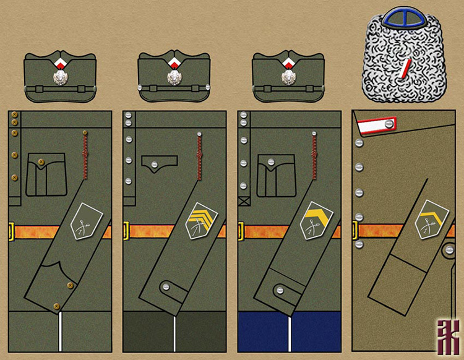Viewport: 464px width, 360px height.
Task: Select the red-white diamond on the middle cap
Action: pyautogui.click(x=174, y=63)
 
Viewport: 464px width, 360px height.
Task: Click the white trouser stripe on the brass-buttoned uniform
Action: pyautogui.click(x=60, y=335)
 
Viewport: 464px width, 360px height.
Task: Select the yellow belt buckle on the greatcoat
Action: pyautogui.click(x=355, y=231)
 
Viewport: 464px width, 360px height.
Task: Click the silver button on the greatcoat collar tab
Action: pyautogui.click(x=389, y=126)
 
